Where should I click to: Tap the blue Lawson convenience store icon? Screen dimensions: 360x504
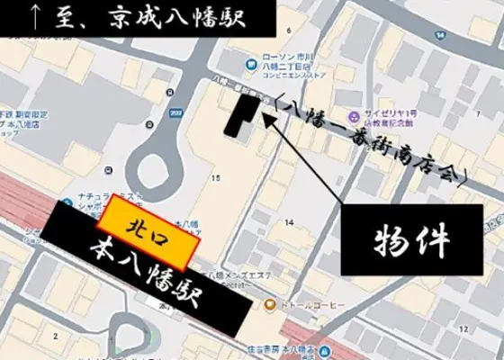coord(250,66)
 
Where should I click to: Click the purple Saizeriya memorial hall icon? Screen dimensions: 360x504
coord(355,114)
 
